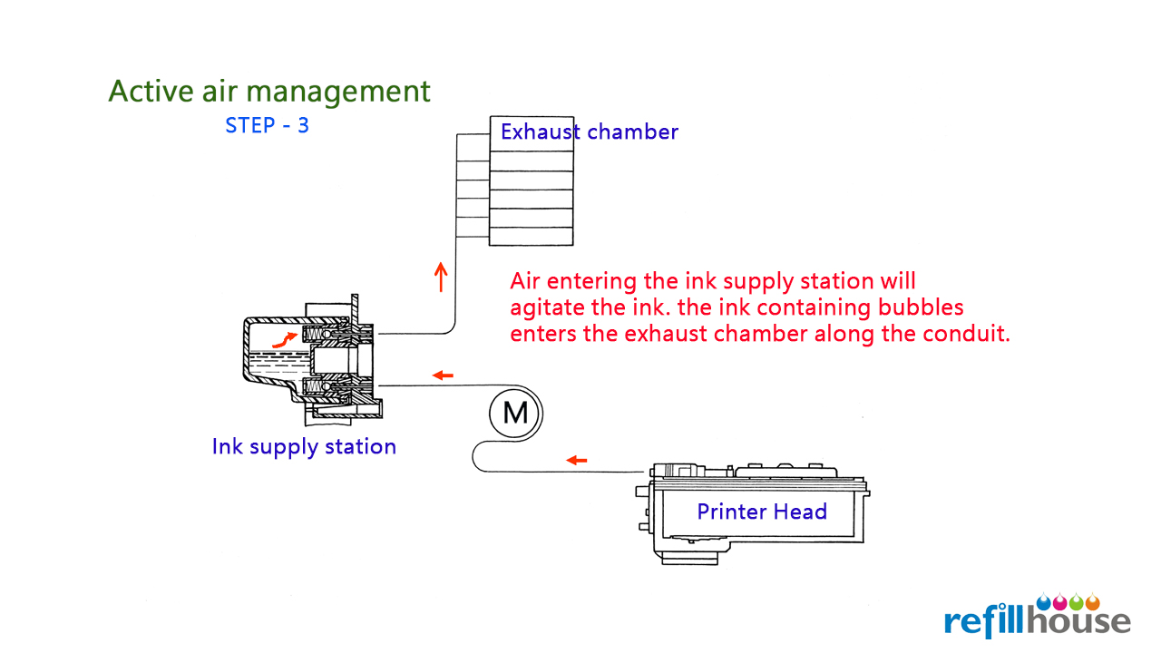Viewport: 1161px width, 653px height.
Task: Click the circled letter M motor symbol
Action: pyautogui.click(x=514, y=414)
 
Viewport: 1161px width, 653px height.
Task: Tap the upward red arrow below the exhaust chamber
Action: pyautogui.click(x=441, y=278)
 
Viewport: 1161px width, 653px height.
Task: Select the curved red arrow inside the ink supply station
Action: pyautogui.click(x=284, y=340)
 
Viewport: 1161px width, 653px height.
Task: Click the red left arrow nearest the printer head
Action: pyautogui.click(x=576, y=460)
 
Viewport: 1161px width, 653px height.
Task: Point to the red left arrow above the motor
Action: pyautogui.click(x=443, y=375)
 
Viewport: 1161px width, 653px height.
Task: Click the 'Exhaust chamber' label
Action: pyautogui.click(x=590, y=132)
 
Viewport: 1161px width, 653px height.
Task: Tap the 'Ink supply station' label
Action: pyautogui.click(x=304, y=447)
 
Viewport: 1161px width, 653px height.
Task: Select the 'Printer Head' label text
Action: pyautogui.click(x=762, y=512)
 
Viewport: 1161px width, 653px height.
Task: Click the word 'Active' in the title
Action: pyautogui.click(x=151, y=92)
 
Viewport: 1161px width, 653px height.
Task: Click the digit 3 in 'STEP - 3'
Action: pyautogui.click(x=303, y=125)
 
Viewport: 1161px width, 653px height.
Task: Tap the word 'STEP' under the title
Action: pyautogui.click(x=249, y=125)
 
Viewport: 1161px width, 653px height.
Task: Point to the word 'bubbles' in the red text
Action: pyautogui.click(x=921, y=307)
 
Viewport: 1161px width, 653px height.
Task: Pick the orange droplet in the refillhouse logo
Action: pyautogui.click(x=1093, y=601)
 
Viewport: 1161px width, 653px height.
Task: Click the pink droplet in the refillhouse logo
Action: pyautogui.click(x=1060, y=601)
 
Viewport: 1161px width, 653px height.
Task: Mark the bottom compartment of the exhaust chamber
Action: pyautogui.click(x=532, y=237)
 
